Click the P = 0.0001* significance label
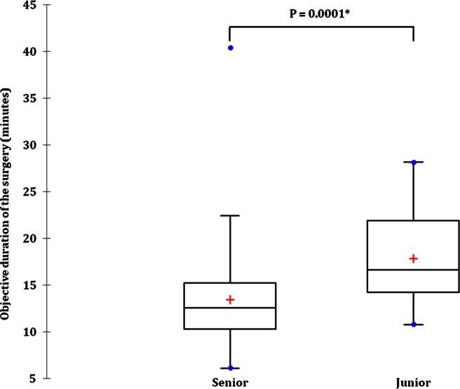321,12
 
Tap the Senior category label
229,382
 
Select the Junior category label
413,382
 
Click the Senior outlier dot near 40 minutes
230,48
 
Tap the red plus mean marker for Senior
230,299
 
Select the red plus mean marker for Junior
414,259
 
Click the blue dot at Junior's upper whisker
414,162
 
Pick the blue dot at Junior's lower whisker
414,325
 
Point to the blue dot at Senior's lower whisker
230,368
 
